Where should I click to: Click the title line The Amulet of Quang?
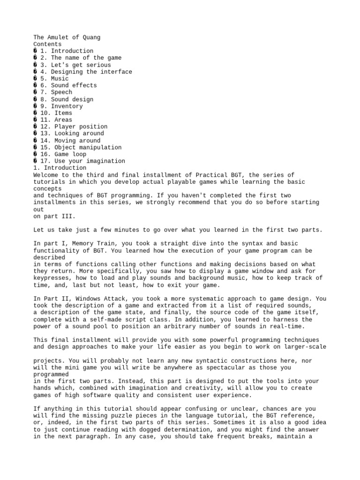click(67, 37)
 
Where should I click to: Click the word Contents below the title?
click(47, 44)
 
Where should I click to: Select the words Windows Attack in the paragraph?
click(107, 299)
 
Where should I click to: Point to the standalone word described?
click(49, 257)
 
